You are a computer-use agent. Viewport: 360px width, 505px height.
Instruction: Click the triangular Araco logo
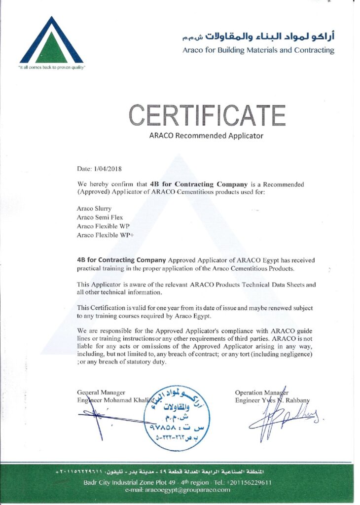pyautogui.click(x=51, y=40)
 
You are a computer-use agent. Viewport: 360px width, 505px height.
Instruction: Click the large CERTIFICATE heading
pyautogui.click(x=207, y=115)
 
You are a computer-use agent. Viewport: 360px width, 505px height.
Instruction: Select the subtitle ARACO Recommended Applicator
pyautogui.click(x=206, y=135)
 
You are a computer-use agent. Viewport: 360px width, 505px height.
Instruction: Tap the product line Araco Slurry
pyautogui.click(x=94, y=209)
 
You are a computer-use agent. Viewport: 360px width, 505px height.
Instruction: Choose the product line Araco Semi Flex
pyautogui.click(x=100, y=217)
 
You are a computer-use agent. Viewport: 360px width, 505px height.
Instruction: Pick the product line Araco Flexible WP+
pyautogui.click(x=105, y=235)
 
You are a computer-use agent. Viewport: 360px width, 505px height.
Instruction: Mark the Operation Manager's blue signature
pyautogui.click(x=281, y=422)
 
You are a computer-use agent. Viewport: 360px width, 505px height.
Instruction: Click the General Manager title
pyautogui.click(x=101, y=392)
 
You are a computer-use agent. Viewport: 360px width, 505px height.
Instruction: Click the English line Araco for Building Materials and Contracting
pyautogui.click(x=258, y=50)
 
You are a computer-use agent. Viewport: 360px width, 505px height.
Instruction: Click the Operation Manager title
pyautogui.click(x=262, y=392)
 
